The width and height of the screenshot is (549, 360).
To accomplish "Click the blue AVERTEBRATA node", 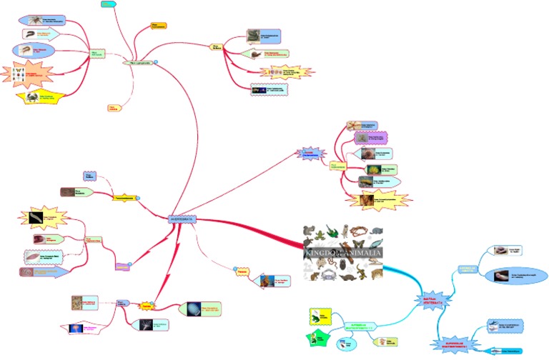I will coord(181,219).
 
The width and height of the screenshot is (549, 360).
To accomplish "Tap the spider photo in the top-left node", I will coord(38,19).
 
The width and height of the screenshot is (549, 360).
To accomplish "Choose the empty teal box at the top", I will coord(109,5).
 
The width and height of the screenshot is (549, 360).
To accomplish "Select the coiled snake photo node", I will coord(253,35).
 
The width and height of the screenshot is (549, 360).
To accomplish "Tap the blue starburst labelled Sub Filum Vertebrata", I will coord(437,301).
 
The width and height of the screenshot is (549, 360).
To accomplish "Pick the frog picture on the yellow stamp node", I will coord(315,315).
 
